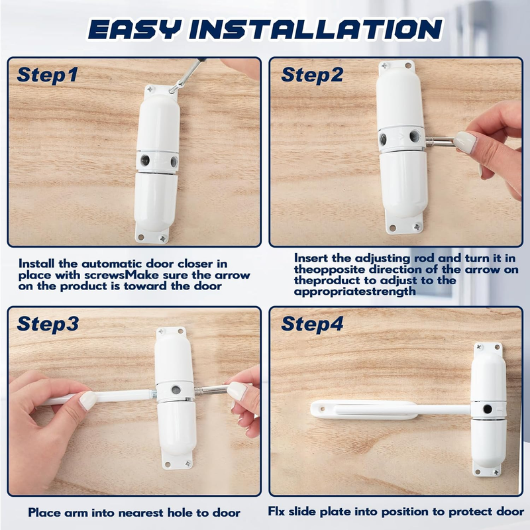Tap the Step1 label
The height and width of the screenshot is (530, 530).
(x=47, y=74)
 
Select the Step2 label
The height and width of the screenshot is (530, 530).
(x=312, y=74)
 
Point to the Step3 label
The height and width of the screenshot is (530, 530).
(x=48, y=323)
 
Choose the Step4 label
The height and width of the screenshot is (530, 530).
(x=312, y=323)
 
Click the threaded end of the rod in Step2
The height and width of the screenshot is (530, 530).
(x=430, y=139)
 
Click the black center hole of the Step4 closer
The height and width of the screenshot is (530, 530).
(x=488, y=409)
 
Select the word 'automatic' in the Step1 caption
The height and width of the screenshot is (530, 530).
(x=113, y=264)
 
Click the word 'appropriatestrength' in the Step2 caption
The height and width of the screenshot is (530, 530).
(x=354, y=291)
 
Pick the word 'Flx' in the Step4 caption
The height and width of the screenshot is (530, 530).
(x=276, y=511)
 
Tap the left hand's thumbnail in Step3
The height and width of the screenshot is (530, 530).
(x=88, y=401)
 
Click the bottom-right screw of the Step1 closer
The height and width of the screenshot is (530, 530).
(x=163, y=238)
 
